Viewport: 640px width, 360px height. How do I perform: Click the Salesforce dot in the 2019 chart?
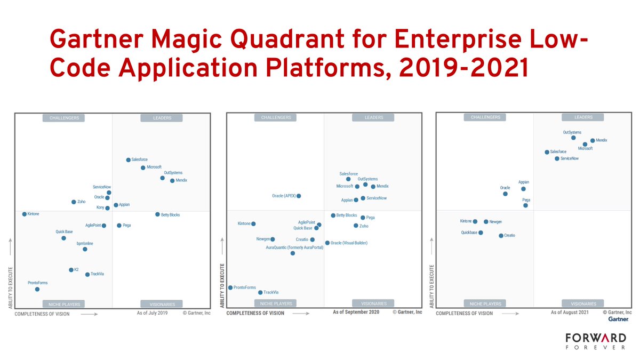point(128,160)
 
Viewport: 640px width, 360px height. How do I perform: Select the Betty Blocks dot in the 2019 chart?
point(157,214)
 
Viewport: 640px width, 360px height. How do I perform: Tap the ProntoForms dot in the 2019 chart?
point(37,289)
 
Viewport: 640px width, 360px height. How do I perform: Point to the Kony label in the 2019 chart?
point(100,207)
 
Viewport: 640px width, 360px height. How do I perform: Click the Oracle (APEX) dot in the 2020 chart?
point(299,196)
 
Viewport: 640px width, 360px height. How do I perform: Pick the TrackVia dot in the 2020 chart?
point(260,292)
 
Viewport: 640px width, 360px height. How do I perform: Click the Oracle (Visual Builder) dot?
point(327,243)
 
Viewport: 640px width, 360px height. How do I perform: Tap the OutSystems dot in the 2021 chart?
point(573,138)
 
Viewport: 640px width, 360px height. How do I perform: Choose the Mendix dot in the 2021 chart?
point(593,141)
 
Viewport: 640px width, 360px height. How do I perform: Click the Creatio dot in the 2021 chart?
point(501,235)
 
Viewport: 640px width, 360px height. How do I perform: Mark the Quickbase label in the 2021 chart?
point(469,233)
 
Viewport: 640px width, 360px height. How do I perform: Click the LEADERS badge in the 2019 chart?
point(162,118)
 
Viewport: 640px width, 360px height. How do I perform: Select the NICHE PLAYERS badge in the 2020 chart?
point(276,303)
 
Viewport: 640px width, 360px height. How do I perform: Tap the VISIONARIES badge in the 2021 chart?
point(583,303)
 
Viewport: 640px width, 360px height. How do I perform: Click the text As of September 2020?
point(356,312)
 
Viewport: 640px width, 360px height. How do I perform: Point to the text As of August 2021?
point(570,313)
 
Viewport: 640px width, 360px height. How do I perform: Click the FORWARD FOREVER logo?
point(596,342)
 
